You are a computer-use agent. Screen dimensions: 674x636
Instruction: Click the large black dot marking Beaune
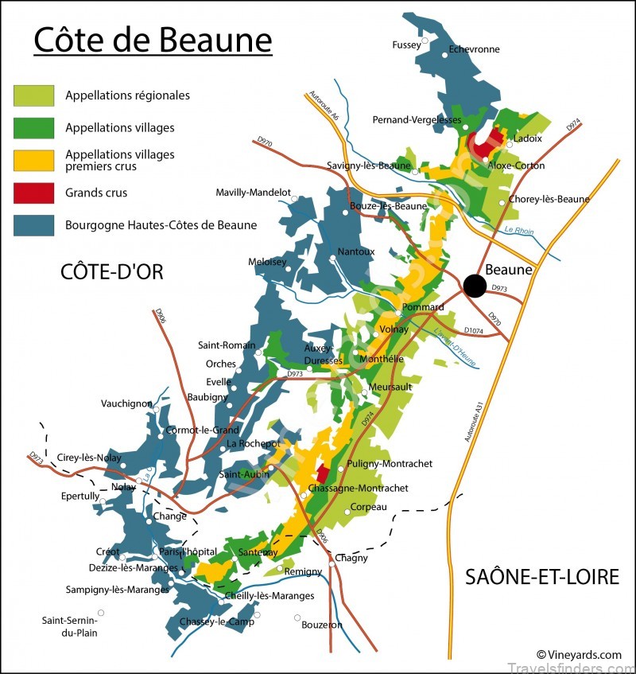(x=475, y=286)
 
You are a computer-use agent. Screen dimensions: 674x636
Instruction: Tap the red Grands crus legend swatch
(x=34, y=193)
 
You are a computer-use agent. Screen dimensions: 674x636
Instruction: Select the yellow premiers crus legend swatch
(x=34, y=160)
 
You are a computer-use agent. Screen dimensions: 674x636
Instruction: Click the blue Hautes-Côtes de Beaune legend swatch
(x=34, y=225)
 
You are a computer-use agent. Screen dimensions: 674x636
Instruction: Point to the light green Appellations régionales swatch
(x=34, y=95)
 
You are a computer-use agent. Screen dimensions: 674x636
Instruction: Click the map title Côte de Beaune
(x=153, y=40)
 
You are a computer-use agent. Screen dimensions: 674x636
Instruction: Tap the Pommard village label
(x=424, y=307)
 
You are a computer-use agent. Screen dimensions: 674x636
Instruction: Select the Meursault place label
(x=390, y=387)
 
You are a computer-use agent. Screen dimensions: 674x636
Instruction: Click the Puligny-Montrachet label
(x=390, y=463)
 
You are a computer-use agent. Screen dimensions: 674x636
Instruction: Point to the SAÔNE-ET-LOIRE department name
(x=542, y=577)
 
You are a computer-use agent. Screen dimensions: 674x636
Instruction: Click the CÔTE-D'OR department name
(x=112, y=271)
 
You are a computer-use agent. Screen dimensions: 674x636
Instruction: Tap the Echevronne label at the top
(x=475, y=49)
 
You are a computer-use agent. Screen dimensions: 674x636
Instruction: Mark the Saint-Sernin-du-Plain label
(x=69, y=626)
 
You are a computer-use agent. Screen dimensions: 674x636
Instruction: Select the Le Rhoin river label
(x=519, y=232)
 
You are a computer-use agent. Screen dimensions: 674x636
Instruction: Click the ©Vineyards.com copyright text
(x=579, y=655)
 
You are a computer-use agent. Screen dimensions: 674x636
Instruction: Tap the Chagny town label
(x=351, y=558)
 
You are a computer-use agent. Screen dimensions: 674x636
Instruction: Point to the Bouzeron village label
(x=322, y=625)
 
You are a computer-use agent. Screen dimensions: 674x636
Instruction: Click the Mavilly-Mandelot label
(x=254, y=193)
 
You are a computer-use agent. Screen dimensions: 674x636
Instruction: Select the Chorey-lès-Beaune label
(x=549, y=199)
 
